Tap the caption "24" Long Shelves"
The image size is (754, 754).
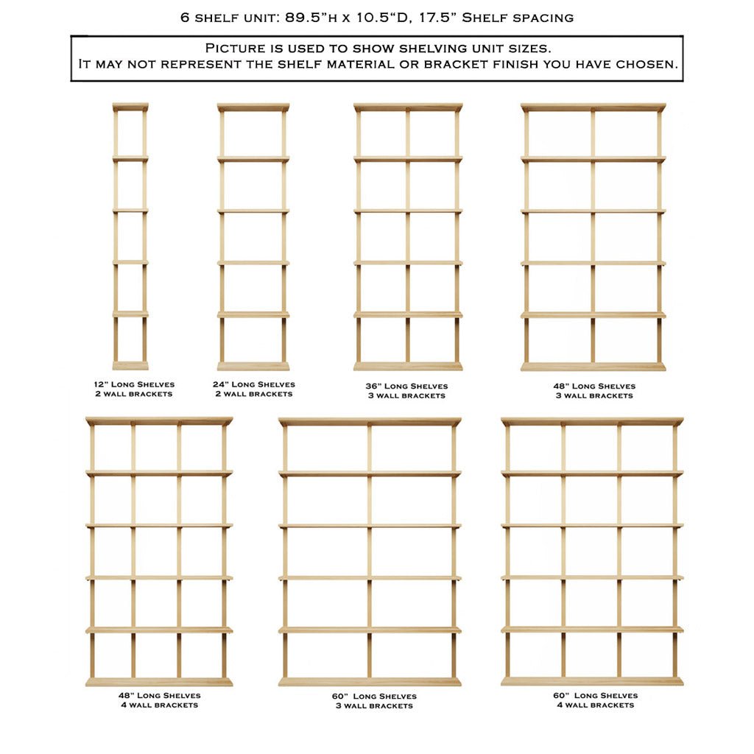pos(254,384)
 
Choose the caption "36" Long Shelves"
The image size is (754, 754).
pos(406,386)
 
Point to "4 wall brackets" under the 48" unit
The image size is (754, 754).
pos(159,705)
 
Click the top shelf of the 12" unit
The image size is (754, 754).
pos(130,107)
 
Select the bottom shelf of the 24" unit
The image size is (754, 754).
pos(253,366)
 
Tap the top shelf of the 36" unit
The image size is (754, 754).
pos(408,108)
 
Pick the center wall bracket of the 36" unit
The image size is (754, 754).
pos(407,236)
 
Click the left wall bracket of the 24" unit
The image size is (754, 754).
pos(222,236)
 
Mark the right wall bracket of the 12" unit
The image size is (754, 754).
pos(144,236)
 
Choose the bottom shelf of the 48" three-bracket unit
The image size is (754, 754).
pos(593,366)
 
